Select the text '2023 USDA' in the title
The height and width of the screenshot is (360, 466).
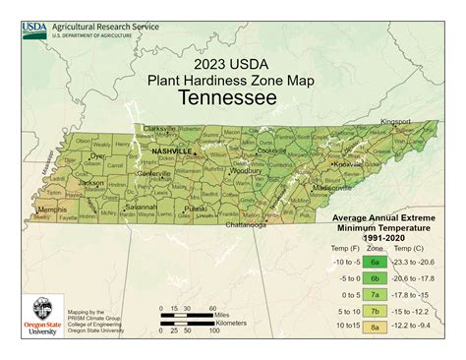click(x=232, y=61)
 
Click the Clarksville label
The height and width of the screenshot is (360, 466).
click(x=160, y=128)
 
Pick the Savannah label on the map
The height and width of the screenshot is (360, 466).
click(x=140, y=207)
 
